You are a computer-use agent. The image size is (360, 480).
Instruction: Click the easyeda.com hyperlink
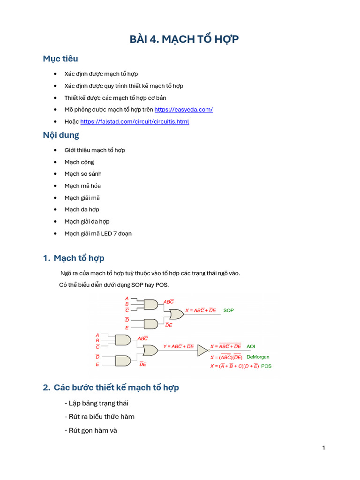[x=183, y=109]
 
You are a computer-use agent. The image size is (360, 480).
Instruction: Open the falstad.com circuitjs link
[x=135, y=121]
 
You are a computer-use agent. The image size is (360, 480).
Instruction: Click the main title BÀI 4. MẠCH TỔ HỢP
[x=184, y=39]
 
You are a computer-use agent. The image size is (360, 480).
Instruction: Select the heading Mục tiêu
[x=60, y=59]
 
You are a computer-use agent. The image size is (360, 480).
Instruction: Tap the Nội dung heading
[x=61, y=135]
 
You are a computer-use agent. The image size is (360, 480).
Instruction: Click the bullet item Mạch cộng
[x=79, y=162]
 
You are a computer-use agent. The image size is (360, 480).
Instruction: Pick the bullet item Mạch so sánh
[x=83, y=174]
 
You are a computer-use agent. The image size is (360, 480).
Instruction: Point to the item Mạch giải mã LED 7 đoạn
[x=98, y=233]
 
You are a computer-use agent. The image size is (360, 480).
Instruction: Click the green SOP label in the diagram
[x=228, y=310]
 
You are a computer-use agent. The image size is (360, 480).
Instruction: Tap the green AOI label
[x=251, y=346]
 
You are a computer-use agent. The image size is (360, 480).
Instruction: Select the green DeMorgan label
[x=258, y=357]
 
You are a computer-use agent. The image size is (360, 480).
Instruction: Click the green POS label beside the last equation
[x=266, y=366]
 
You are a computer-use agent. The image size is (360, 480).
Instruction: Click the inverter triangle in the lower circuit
[x=202, y=350]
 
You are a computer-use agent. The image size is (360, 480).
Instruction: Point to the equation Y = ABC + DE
[x=179, y=346]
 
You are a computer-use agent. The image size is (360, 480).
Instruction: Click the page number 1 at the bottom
[x=323, y=448]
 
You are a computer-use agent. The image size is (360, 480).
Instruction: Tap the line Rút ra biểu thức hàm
[x=102, y=416]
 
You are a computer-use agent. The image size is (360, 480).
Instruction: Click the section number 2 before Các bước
[x=46, y=388]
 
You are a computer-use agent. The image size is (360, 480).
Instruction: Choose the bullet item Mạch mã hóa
[x=82, y=186]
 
